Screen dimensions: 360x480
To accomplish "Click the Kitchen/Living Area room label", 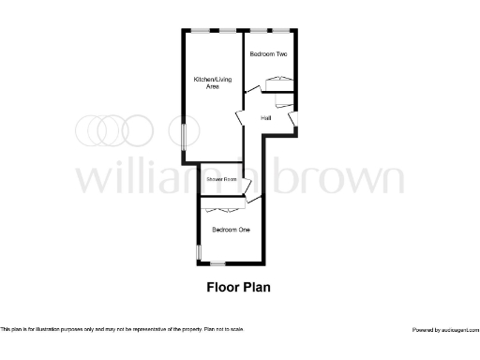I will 206,82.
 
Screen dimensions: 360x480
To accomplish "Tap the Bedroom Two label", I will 268,55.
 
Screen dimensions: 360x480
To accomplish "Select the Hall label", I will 266,117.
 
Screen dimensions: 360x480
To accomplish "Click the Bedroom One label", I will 229,230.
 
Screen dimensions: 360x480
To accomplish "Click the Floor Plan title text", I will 238,288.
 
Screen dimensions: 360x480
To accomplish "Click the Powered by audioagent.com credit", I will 445,330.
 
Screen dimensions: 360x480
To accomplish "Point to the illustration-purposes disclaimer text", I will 122,329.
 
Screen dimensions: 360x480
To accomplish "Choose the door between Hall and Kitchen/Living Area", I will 239,117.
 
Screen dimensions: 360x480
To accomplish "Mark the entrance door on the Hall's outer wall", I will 293,120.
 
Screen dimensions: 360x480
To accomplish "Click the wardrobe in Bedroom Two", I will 279,83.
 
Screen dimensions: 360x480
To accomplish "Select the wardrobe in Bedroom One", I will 222,208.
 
